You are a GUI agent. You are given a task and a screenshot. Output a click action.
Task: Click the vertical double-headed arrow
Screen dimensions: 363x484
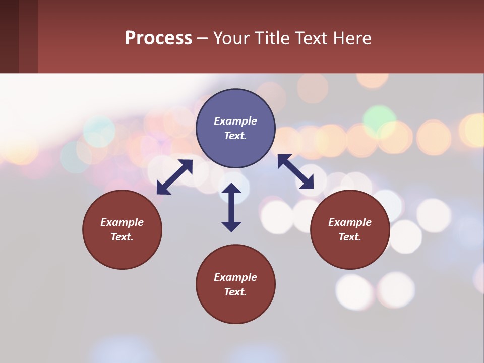[231, 207]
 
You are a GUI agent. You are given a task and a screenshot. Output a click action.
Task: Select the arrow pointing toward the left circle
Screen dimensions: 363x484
[174, 177]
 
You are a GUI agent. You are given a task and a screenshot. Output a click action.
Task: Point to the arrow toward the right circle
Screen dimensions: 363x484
[295, 171]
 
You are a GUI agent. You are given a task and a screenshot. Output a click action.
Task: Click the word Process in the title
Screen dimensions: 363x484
[158, 38]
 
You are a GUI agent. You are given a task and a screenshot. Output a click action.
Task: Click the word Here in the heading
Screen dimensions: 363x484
[352, 38]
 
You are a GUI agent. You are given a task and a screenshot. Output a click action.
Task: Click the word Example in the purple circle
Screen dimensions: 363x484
[235, 121]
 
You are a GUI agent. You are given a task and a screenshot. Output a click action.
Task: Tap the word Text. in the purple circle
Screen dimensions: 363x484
[235, 136]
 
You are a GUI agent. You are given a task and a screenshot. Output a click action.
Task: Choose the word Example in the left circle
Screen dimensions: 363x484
[122, 222]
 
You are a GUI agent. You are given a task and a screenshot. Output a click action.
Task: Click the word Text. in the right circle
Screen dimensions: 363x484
[350, 237]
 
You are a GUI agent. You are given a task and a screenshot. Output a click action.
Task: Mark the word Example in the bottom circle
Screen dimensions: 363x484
[235, 277]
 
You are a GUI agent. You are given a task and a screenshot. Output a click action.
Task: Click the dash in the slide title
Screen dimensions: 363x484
[202, 38]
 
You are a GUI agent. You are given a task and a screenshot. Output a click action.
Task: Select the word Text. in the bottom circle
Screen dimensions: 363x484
[235, 292]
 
